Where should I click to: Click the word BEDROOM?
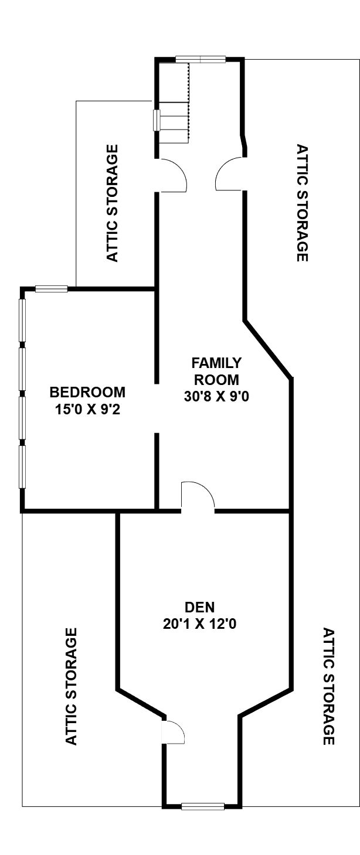coord(87,392)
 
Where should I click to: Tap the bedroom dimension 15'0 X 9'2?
coord(88,410)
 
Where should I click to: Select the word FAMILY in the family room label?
coord(216,363)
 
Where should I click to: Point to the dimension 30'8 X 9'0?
coord(216,397)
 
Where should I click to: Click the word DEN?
coord(200,607)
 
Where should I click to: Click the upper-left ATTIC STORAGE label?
coord(112,203)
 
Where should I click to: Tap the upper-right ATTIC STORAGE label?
coord(302,203)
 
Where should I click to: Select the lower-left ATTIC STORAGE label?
coord(72,686)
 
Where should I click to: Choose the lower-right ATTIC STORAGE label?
coord(329,686)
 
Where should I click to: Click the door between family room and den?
coord(198,496)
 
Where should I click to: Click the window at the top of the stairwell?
coord(201,59)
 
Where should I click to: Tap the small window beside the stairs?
coord(156,120)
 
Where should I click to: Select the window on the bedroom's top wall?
coord(52,289)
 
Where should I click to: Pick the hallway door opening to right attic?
coord(230,174)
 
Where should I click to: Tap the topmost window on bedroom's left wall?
coord(22,323)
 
